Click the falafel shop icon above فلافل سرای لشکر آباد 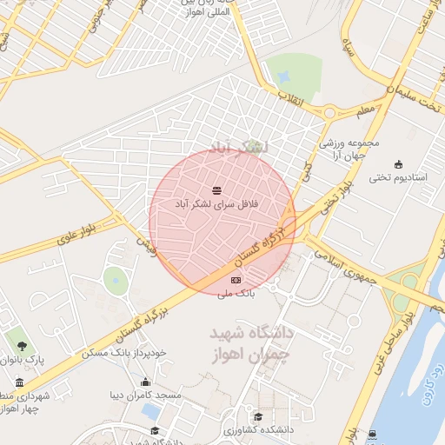tap(216, 190)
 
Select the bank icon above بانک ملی tap(236, 280)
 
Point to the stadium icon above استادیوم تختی tap(399, 165)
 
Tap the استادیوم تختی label tap(399, 178)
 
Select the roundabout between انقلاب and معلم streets tap(329, 111)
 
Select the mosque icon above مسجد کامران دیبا tap(145, 382)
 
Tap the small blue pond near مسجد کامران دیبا tap(151, 409)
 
